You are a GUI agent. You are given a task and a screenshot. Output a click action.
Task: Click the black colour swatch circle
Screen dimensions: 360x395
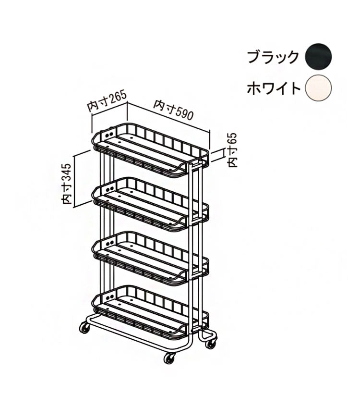point(318,57)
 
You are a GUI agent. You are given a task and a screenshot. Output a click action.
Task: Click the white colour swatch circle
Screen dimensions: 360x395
point(318,88)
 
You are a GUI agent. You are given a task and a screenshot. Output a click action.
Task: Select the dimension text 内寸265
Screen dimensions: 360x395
point(107,101)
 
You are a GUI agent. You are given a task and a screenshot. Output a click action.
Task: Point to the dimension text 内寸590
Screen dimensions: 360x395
point(174,110)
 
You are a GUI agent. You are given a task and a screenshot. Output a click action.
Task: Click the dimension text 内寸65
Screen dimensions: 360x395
point(232,149)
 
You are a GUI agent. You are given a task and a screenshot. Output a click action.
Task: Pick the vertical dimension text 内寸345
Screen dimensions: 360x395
point(67,184)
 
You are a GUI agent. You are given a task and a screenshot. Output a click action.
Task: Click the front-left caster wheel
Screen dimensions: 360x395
point(85,328)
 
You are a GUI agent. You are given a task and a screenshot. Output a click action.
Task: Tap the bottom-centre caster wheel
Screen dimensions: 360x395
point(169,358)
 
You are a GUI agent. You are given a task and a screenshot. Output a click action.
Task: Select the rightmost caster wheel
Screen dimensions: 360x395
point(211,343)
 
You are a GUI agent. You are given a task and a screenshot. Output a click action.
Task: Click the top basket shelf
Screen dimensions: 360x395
point(150,150)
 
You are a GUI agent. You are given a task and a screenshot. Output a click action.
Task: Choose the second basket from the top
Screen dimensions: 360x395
point(150,205)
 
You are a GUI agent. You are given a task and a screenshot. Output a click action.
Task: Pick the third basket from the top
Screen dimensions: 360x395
point(150,259)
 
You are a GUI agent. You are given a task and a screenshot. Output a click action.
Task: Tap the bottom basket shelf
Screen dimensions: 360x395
point(150,313)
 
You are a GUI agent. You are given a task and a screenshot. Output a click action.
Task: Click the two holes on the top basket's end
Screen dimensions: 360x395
point(110,135)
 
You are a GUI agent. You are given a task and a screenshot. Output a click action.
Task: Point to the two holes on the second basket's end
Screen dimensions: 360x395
point(110,189)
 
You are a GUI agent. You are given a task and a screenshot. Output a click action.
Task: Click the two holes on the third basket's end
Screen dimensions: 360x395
point(110,243)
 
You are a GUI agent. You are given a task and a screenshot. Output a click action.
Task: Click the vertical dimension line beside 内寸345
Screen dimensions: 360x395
point(74,182)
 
